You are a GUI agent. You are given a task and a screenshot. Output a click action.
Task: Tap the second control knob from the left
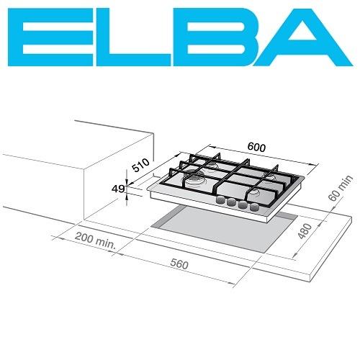[232, 203]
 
